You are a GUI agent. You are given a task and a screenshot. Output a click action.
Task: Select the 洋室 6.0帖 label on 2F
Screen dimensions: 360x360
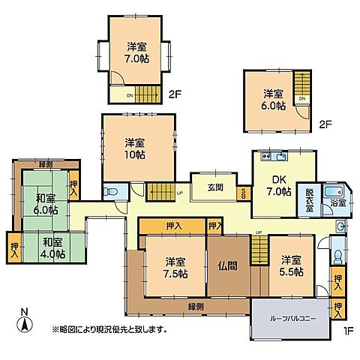tap(274, 99)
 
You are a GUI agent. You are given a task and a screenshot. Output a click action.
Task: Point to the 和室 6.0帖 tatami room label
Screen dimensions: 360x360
tap(46, 205)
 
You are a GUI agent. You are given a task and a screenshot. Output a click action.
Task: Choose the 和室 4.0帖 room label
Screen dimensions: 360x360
tap(52, 247)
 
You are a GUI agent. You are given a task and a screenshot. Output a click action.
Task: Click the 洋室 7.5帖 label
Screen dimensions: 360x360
tap(176, 267)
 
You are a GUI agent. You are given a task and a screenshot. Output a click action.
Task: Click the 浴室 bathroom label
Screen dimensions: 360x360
tap(337, 202)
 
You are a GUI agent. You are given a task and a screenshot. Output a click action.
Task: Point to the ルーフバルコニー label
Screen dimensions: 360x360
tap(290, 318)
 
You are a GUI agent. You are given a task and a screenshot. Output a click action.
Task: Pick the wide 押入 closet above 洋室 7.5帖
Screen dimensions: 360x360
tap(172, 225)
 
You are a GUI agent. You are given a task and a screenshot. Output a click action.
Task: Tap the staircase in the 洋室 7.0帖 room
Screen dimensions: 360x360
tap(148, 94)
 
